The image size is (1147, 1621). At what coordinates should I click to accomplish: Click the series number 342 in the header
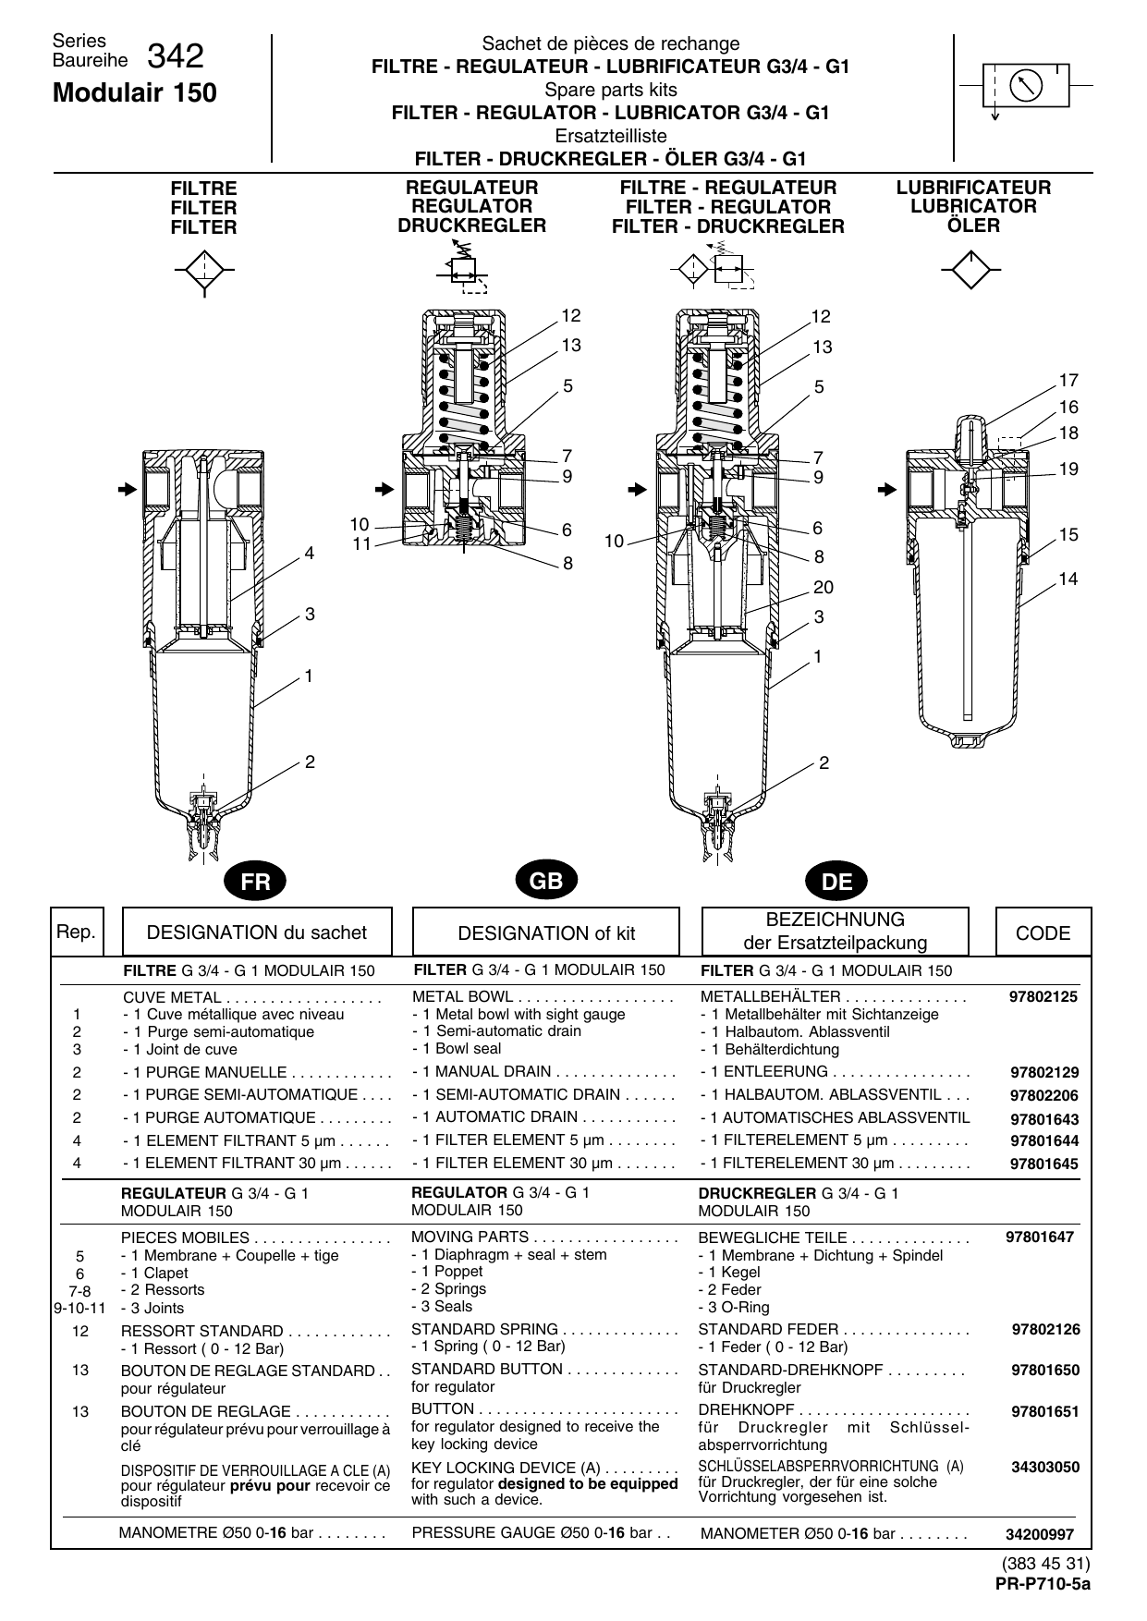(175, 57)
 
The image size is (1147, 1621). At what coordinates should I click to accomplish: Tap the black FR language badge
(255, 882)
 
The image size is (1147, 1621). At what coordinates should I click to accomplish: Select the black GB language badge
(546, 881)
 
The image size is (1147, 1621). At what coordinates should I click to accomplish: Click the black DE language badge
(836, 882)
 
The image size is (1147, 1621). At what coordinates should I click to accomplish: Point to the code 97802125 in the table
(1043, 997)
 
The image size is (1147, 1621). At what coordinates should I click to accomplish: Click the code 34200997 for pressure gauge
(1042, 1535)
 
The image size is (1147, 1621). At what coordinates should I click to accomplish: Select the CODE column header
(1043, 932)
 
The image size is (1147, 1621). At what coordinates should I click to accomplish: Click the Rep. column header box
(76, 932)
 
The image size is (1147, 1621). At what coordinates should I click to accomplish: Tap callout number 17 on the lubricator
(1068, 381)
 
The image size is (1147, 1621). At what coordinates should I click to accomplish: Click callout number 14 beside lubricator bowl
(1068, 579)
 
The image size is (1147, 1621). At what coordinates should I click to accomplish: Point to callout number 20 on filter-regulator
(823, 588)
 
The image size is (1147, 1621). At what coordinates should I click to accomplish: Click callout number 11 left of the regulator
(361, 544)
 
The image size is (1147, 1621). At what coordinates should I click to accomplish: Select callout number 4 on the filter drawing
(310, 554)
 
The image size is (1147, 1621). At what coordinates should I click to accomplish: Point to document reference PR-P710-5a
(1043, 1583)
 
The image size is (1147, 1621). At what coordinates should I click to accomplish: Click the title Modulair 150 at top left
(135, 93)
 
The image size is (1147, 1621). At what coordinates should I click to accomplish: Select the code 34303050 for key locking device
(1044, 1467)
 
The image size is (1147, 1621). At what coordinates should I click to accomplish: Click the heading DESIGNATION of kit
(546, 933)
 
